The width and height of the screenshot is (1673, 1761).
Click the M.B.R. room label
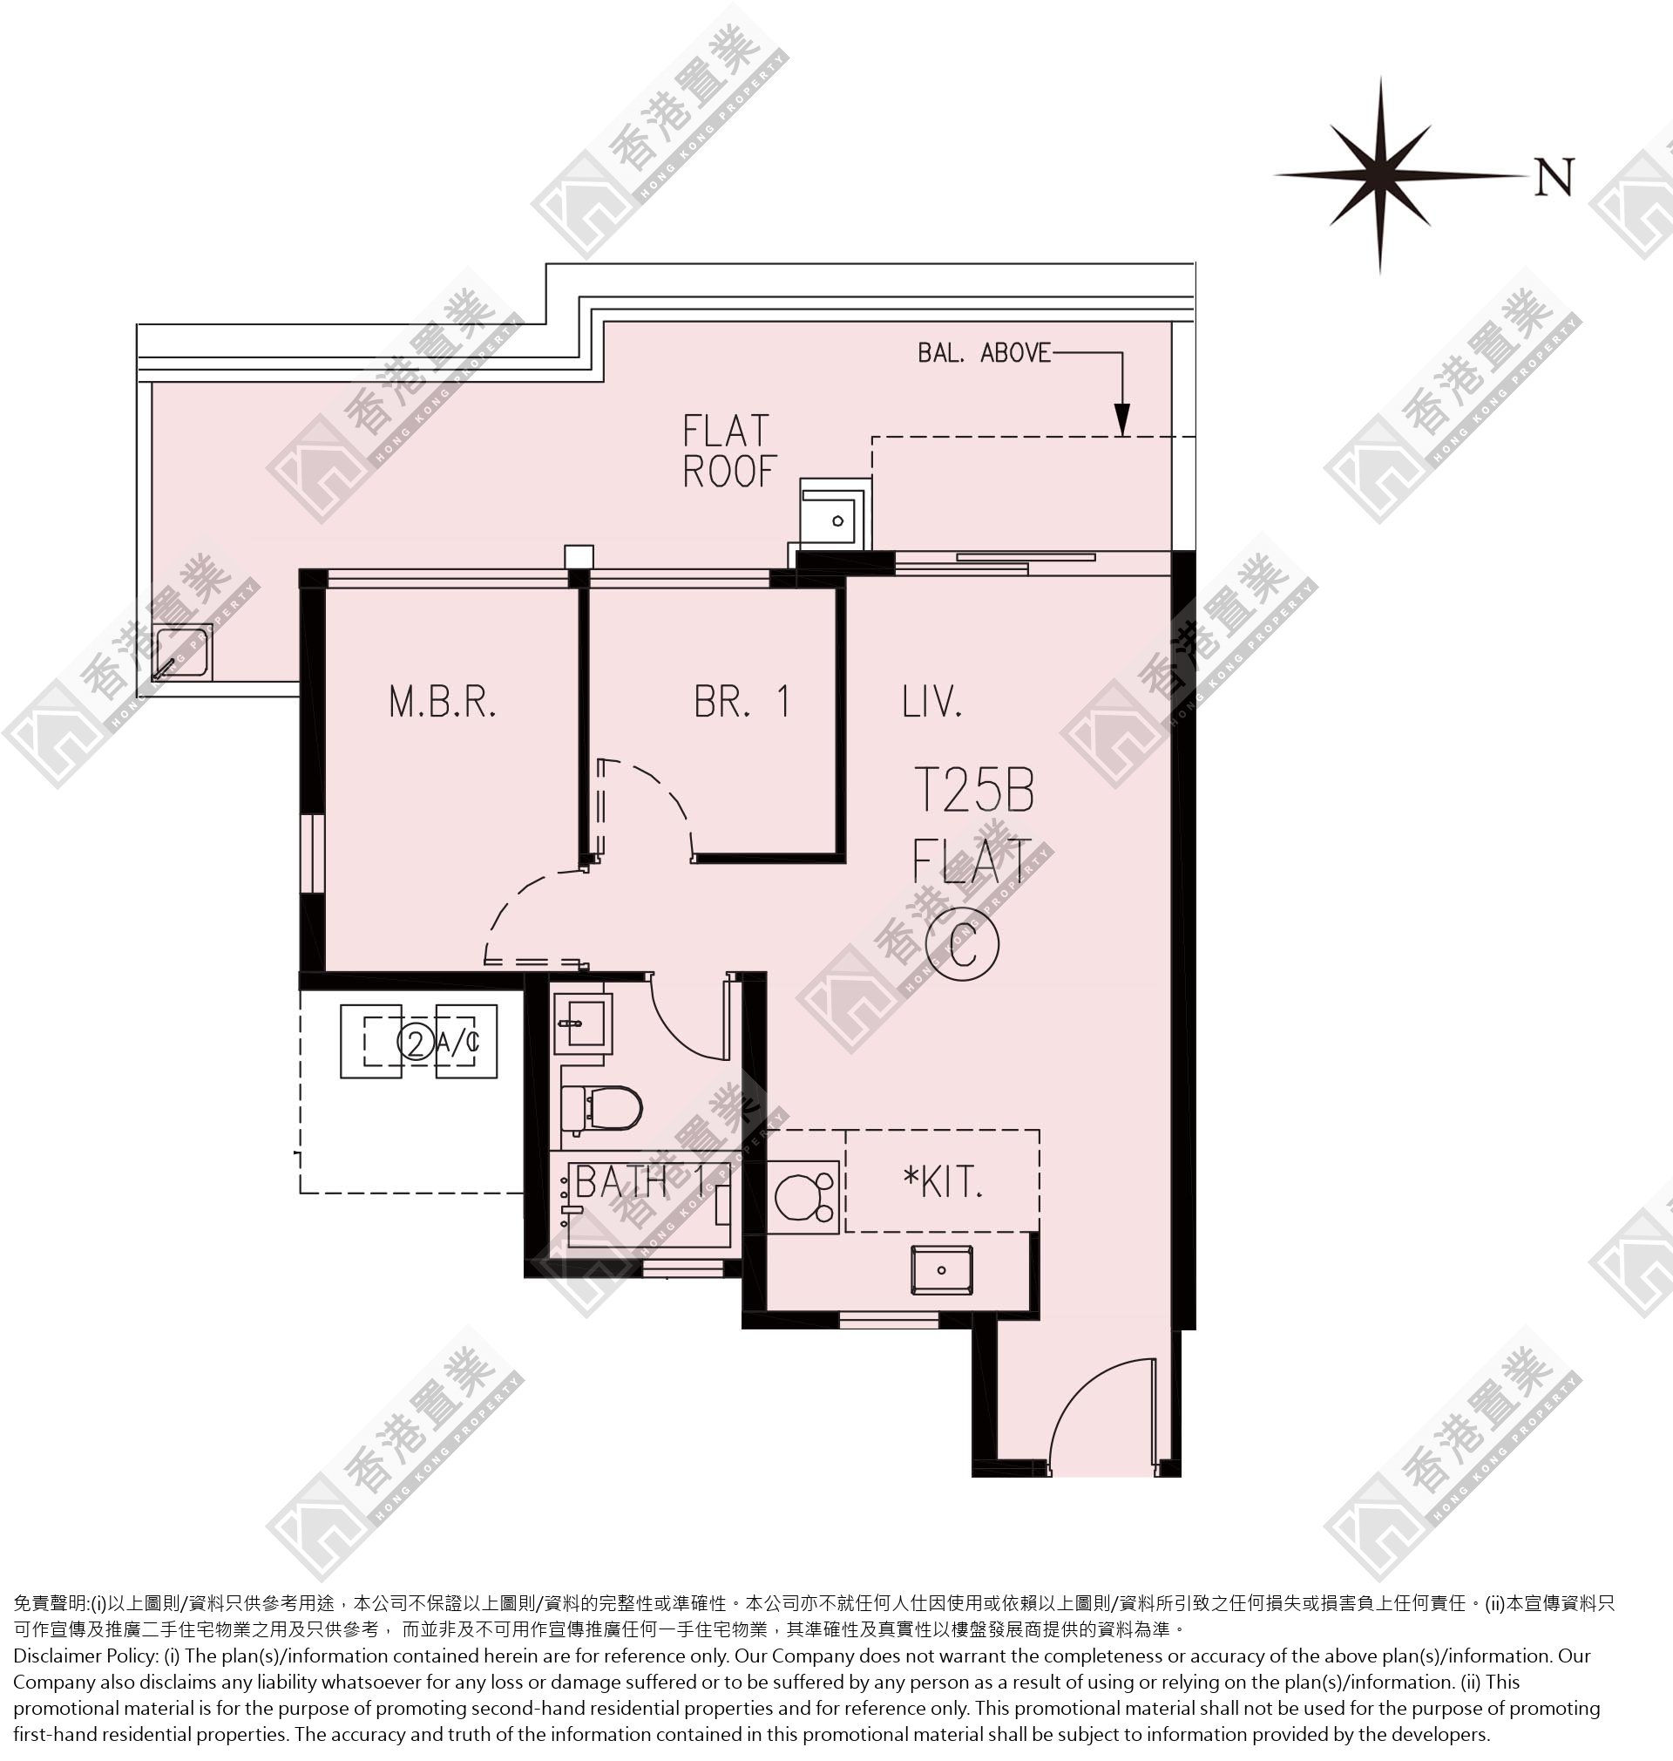443,702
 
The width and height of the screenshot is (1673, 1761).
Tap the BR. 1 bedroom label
742,701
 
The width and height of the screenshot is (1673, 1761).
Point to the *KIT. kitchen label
943,1182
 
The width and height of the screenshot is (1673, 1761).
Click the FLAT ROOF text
729,452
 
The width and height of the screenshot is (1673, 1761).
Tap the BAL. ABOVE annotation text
985,353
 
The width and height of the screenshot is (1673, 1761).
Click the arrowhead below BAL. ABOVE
1122,419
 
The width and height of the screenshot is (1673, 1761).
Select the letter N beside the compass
1554,177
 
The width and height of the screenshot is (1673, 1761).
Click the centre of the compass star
1380,176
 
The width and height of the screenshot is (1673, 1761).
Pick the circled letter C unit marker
962,944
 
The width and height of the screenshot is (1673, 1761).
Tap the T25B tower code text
975,790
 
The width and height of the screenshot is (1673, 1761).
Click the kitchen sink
941,1269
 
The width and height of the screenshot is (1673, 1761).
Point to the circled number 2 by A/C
415,1042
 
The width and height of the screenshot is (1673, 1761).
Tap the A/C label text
457,1042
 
